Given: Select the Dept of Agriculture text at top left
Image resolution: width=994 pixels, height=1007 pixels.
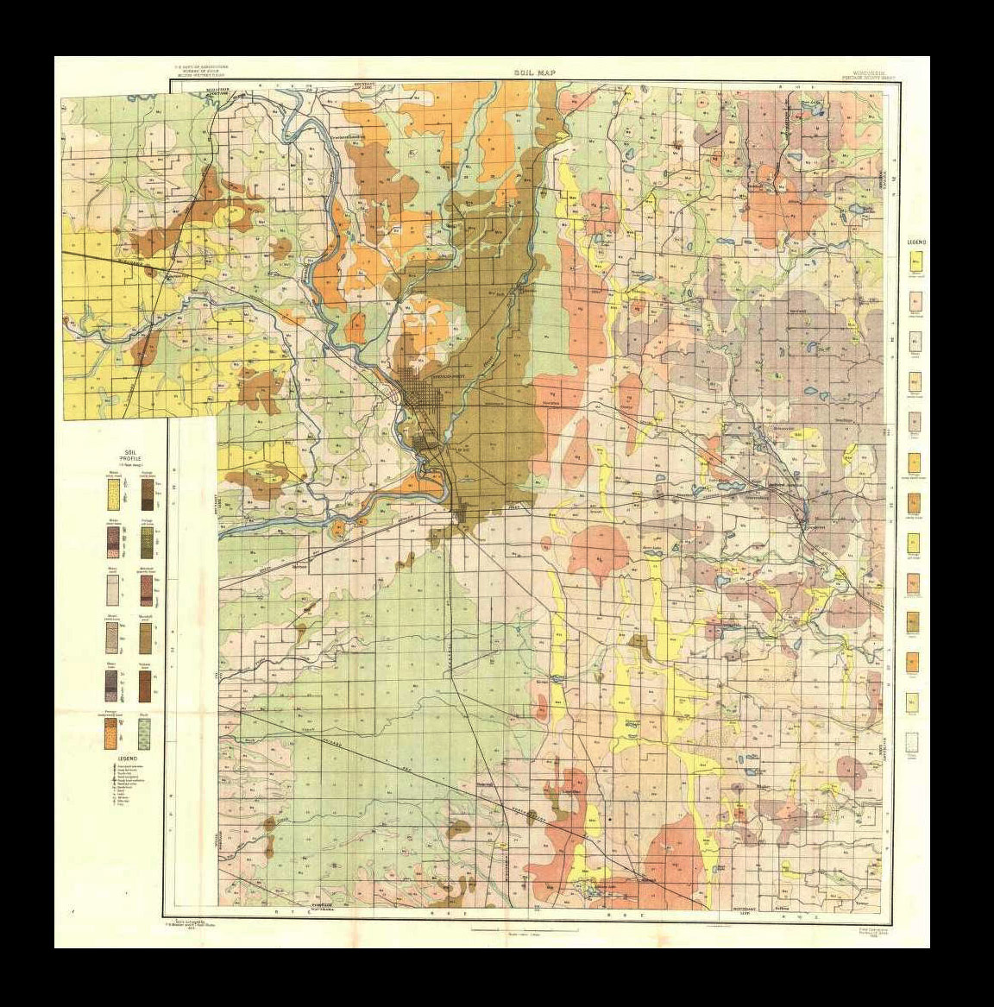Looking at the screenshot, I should [x=204, y=69].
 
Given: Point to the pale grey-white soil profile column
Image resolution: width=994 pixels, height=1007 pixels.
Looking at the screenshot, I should [x=113, y=589].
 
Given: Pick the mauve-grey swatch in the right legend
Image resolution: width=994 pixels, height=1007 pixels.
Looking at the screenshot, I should [x=914, y=421].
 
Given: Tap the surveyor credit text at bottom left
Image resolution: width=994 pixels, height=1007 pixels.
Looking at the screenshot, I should [x=199, y=924].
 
